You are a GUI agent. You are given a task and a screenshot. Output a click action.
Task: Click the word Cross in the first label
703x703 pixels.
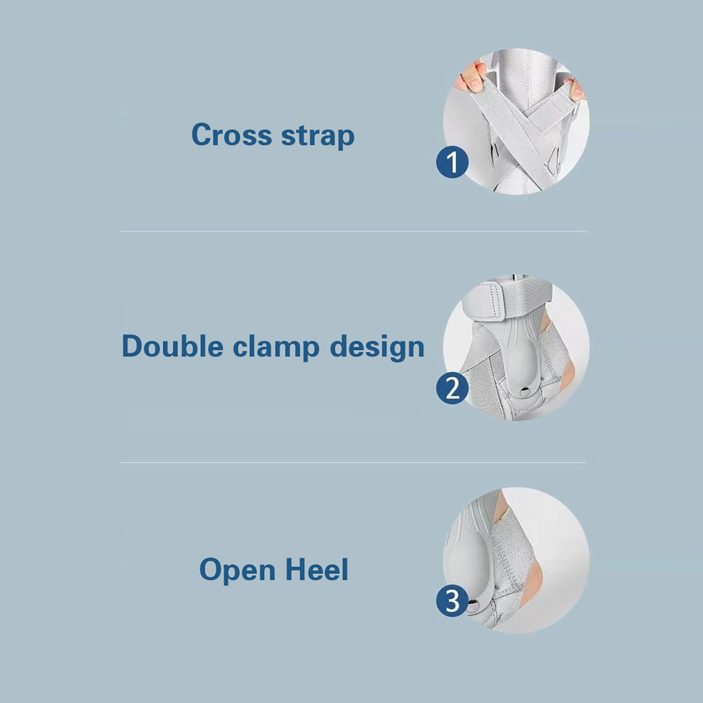point(232,134)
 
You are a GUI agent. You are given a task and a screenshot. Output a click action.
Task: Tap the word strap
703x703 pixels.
point(318,136)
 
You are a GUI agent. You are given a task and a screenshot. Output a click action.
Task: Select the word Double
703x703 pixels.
point(172,346)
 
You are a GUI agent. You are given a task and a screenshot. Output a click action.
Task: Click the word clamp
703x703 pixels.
point(276,348)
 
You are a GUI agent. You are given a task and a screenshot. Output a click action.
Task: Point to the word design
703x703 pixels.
point(377,348)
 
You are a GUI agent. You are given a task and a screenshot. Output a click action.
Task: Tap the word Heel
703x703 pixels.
point(317,569)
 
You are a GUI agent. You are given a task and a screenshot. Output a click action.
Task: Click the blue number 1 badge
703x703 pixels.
point(452,162)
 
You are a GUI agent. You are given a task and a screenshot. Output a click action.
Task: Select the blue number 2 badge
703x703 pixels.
point(452,388)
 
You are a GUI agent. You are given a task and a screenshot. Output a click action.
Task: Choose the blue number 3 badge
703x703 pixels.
point(452,601)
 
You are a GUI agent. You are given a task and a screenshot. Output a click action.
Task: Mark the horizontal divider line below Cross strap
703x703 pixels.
point(353,231)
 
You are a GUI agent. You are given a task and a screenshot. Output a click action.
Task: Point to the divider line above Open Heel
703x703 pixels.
point(353,462)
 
